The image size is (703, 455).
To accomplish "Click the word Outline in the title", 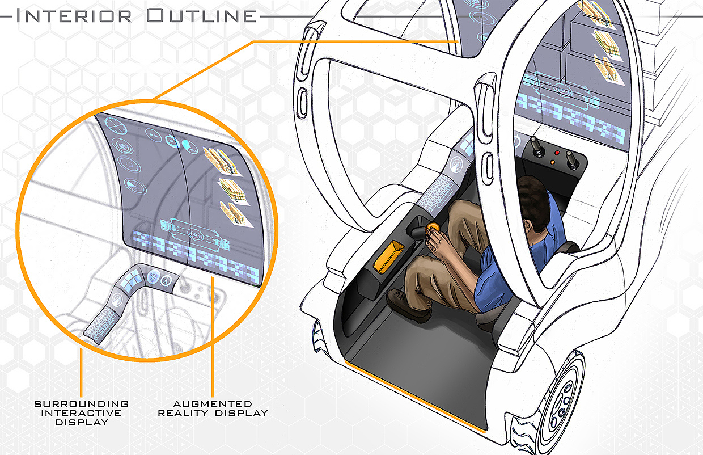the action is [201, 15].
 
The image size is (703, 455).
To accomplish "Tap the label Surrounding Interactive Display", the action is [82, 412].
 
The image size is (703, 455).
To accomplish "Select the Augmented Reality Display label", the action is [213, 408].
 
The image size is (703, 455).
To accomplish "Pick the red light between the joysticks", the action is [557, 154].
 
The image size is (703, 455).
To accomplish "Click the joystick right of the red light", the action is [574, 161].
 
